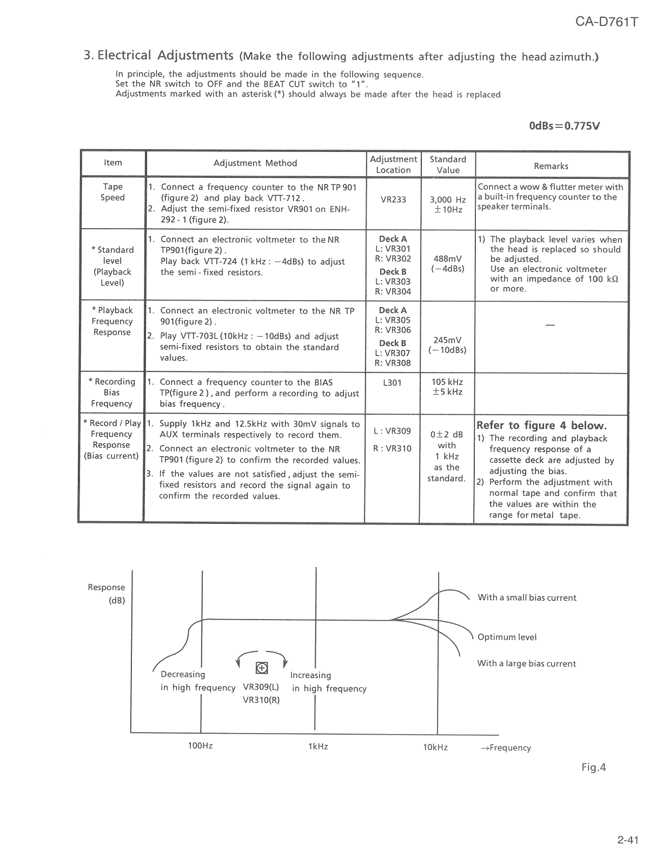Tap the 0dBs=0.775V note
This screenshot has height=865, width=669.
pos(564,127)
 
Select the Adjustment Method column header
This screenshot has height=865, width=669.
pos(255,163)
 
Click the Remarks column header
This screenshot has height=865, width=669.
pos(551,166)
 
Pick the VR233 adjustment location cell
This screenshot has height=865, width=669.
pos(393,199)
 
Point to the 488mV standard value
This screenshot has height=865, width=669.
pos(447,259)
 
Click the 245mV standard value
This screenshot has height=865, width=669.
pos(447,340)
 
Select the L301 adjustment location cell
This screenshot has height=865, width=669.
pos(392,383)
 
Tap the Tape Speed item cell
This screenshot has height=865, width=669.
pos(112,192)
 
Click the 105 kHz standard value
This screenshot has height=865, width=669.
pos(447,382)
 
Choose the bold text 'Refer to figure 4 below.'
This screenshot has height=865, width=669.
pos(541,425)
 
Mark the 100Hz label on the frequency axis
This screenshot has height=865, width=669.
pos(200,746)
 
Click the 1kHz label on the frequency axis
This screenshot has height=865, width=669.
pos(318,747)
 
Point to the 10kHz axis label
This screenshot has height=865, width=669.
pos(435,747)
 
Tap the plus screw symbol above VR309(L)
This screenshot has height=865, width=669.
pos(262,668)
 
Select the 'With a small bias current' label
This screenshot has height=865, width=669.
pos(527,598)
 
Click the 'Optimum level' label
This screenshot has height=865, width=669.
pos(507,637)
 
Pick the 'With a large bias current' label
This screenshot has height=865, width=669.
pos(526,664)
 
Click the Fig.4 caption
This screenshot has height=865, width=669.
pos(594,767)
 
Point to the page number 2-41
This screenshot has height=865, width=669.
pos(627,840)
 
